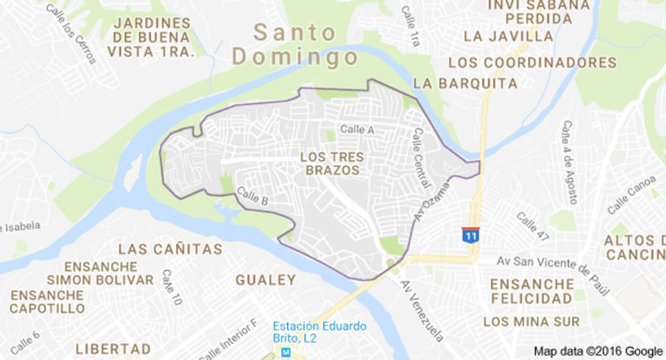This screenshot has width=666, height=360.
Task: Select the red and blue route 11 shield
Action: pyautogui.click(x=470, y=235)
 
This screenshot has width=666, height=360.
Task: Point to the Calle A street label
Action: pyautogui.click(x=356, y=130)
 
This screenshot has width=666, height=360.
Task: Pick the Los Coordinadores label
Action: pyautogui.click(x=532, y=62)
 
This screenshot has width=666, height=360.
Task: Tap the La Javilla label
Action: pyautogui.click(x=508, y=36)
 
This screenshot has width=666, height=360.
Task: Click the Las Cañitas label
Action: pyautogui.click(x=170, y=250)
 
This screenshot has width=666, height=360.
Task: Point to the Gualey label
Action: pyautogui.click(x=265, y=279)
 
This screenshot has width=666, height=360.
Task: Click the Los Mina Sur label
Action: pyautogui.click(x=530, y=323)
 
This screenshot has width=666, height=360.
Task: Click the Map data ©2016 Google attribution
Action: pyautogui.click(x=597, y=351)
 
